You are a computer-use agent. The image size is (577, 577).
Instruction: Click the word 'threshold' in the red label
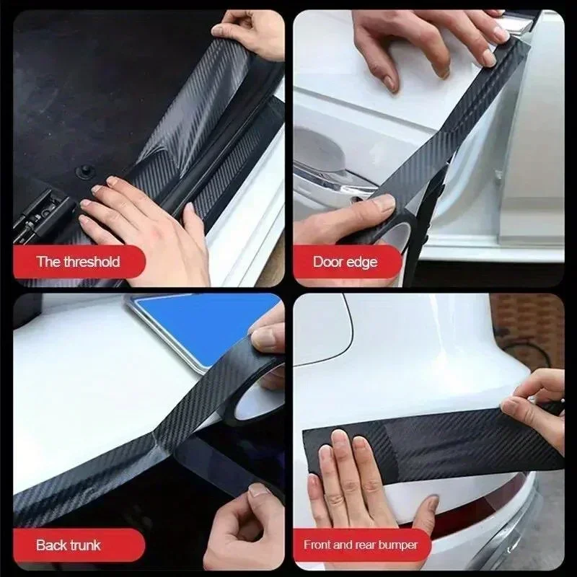coord(92,262)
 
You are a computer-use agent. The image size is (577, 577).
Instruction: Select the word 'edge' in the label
coord(362,262)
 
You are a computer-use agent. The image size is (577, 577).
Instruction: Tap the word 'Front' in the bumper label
coord(320,545)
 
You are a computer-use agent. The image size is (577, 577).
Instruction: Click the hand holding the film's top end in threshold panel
coord(249,29)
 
